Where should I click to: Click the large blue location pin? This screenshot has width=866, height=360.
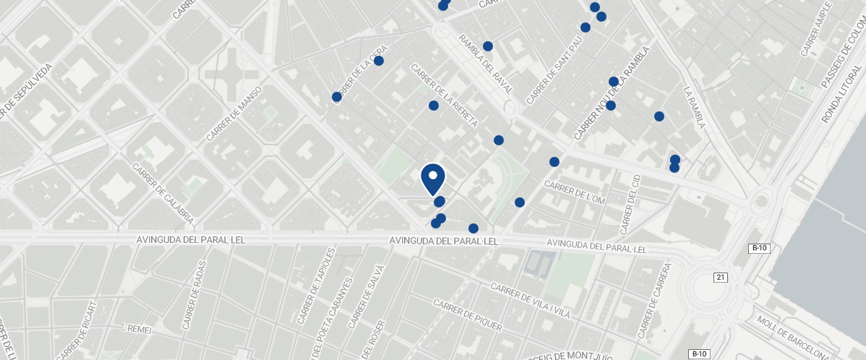point(432,178)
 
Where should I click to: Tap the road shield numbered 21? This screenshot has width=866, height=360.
point(720,278)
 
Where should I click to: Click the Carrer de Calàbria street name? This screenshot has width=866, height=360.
point(163,192)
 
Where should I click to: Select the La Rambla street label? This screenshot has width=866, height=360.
point(694,108)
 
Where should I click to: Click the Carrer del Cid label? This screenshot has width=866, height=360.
point(630,204)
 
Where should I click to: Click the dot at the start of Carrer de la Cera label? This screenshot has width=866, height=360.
point(336,97)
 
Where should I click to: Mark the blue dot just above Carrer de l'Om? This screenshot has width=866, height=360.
point(554,162)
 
